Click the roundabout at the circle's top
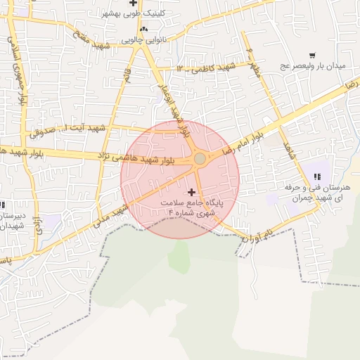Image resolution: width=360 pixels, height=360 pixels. (200, 159)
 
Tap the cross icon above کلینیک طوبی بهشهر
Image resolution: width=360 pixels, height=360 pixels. (133, 3)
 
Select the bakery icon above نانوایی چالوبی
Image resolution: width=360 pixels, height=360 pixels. (143, 29)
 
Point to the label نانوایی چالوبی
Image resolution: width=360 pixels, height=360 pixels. (146, 40)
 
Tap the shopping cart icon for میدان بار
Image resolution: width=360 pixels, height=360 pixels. (312, 55)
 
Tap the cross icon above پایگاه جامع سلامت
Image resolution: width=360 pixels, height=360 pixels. (192, 191)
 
